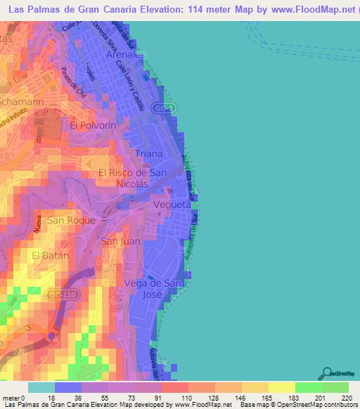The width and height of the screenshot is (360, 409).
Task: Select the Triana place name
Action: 148,153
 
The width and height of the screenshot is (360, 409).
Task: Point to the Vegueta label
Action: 172,204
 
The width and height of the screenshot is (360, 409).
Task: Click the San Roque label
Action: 65,220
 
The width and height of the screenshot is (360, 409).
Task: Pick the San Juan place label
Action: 121,241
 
